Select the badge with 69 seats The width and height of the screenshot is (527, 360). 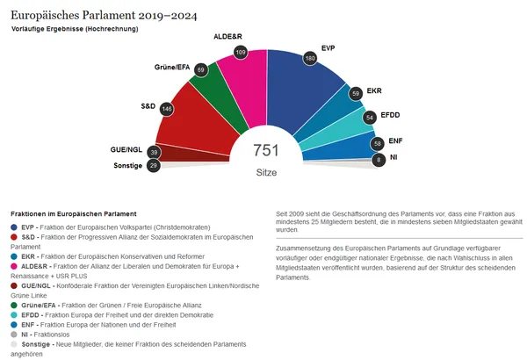(201, 69)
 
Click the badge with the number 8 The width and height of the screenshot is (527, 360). (379, 160)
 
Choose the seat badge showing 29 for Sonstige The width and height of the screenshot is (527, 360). (153, 165)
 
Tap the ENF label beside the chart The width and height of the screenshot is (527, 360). (395, 140)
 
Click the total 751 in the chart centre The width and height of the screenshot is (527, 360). (264, 151)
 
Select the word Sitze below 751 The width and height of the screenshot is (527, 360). (265, 172)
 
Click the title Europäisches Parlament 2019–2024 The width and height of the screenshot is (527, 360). (105, 16)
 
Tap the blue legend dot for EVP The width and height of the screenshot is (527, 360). (14, 227)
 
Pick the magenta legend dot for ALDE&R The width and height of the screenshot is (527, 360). (14, 266)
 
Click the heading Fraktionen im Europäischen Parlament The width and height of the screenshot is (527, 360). (73, 213)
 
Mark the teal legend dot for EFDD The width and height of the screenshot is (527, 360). (14, 314)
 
